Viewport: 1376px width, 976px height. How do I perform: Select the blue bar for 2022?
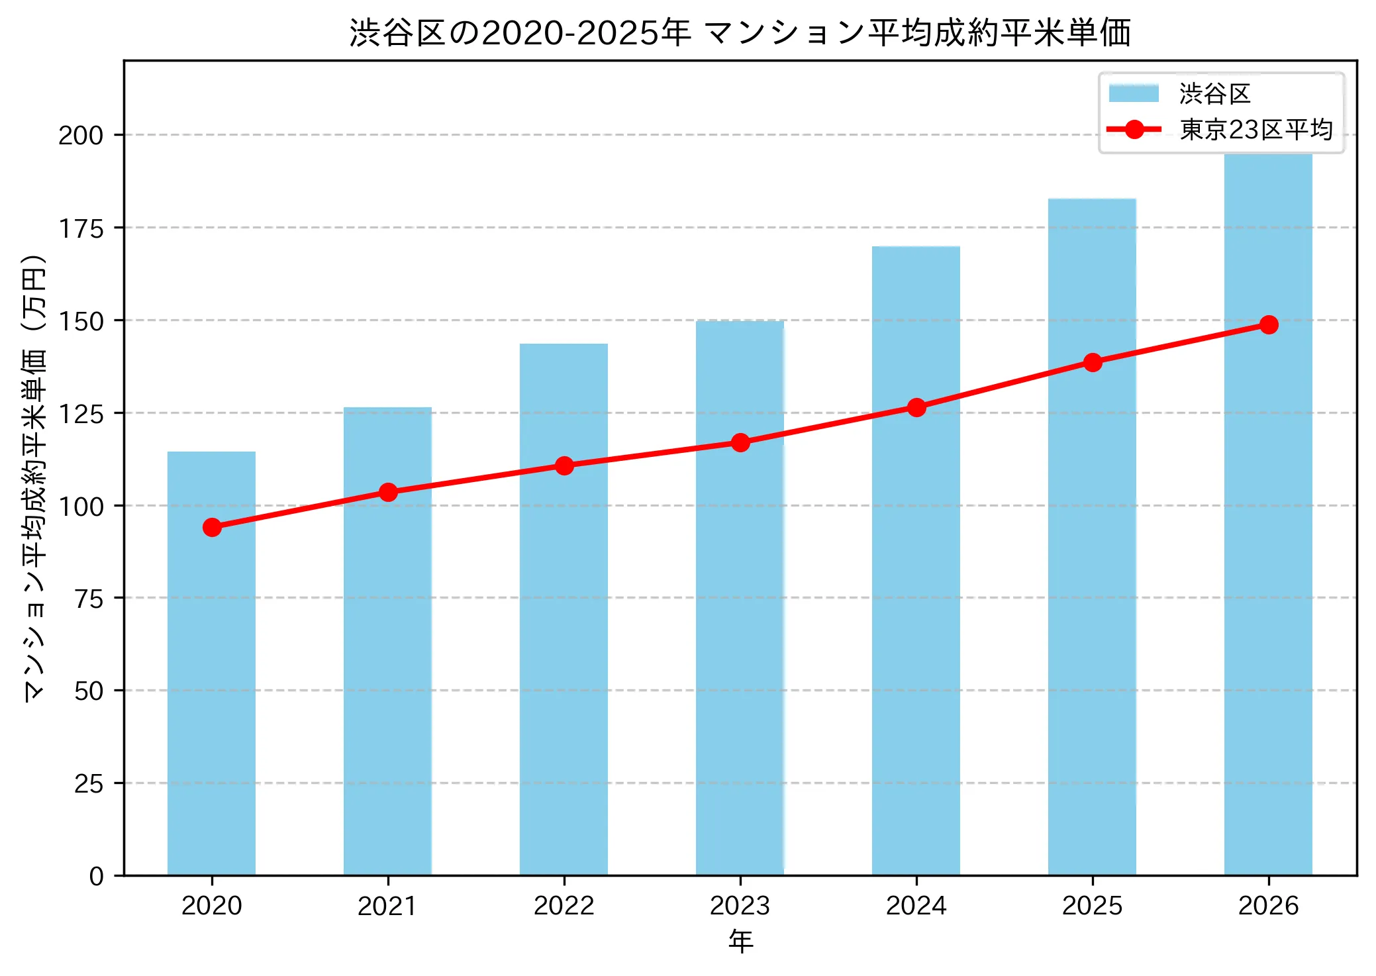pos(564,662)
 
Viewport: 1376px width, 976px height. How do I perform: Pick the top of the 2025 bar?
pos(1092,199)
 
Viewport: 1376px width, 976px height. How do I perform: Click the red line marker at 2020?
pos(212,527)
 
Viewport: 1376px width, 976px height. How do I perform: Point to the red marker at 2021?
pos(388,492)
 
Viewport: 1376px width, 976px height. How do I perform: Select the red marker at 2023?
pos(740,442)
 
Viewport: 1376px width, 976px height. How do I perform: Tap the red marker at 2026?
pos(1269,324)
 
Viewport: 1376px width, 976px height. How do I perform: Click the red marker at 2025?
pos(1093,362)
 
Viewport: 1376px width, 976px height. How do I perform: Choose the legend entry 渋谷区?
pos(1214,94)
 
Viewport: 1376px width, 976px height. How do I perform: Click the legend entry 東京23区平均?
pos(1255,130)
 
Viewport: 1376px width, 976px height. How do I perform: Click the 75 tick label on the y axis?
pos(89,599)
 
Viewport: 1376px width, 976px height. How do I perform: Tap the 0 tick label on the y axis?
pos(97,876)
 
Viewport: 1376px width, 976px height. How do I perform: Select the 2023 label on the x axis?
pos(740,906)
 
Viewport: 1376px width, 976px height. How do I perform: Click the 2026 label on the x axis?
pos(1268,906)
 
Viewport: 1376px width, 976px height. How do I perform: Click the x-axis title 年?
pos(740,942)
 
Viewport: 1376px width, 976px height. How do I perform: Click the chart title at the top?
pos(740,32)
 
